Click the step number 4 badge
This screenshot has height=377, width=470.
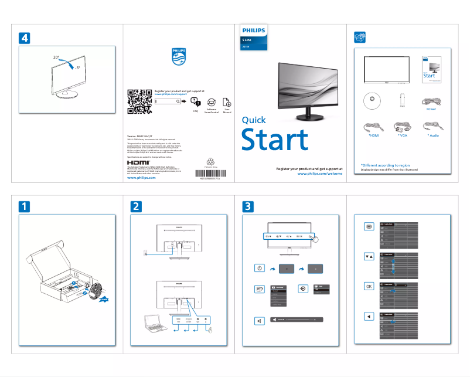[24, 37]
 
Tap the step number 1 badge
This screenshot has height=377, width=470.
[24, 206]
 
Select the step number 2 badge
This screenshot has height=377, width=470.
[136, 206]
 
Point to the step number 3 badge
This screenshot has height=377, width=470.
[248, 206]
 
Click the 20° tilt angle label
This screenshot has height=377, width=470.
[56, 57]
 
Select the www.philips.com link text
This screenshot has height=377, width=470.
[141, 178]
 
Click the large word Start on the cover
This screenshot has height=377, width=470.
[275, 140]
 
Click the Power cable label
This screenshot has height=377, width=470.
[431, 109]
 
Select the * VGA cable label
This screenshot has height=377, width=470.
[402, 135]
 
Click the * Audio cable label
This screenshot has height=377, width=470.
[433, 135]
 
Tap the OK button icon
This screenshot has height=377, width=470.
[368, 287]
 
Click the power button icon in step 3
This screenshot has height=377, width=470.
[260, 268]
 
